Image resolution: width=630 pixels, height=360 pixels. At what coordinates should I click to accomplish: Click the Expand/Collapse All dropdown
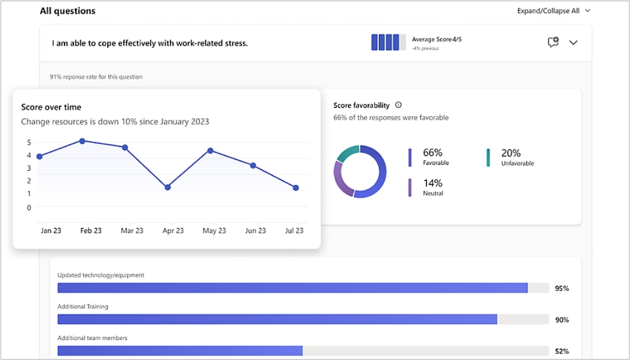[553, 11]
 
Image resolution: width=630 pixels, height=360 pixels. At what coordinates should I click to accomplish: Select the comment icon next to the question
[552, 43]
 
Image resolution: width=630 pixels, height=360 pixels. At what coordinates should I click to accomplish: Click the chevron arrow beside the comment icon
[573, 43]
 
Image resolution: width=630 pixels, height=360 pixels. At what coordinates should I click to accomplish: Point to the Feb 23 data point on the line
[82, 140]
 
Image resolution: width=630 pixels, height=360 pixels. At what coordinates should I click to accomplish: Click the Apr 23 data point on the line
[167, 187]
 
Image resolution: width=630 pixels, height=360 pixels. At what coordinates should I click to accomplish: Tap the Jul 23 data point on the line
[295, 188]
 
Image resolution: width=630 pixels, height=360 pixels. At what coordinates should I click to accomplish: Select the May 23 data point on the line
[210, 151]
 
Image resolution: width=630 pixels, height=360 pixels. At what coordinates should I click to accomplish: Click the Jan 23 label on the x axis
[50, 231]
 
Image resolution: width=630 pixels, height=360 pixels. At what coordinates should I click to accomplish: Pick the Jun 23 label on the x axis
[255, 231]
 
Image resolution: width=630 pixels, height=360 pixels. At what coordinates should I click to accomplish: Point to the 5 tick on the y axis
[29, 142]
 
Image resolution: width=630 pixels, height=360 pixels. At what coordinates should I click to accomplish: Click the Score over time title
[51, 107]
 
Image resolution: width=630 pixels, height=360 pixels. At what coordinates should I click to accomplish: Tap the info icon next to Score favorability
[398, 105]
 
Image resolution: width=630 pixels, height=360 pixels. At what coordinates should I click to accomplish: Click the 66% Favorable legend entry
[434, 156]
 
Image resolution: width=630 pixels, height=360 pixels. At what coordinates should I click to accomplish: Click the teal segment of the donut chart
[347, 153]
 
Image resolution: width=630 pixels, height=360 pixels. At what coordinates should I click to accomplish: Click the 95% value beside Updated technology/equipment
[561, 289]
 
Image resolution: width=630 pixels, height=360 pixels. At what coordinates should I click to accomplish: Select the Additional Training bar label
[82, 307]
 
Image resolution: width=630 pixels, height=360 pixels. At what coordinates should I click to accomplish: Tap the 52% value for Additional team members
[561, 351]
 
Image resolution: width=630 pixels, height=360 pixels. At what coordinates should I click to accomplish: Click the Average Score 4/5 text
[437, 39]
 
